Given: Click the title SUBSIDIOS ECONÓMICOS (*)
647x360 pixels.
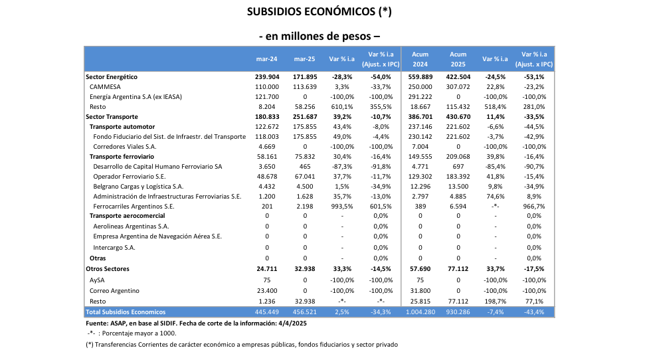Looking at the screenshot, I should (323, 12).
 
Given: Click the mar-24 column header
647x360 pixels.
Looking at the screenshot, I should (266, 58).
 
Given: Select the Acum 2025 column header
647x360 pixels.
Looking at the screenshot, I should (458, 58).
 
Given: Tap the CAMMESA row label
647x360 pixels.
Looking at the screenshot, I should (105, 86).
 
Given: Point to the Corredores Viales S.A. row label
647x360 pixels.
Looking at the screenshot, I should (125, 146).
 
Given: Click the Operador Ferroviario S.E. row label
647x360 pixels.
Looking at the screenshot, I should (129, 177).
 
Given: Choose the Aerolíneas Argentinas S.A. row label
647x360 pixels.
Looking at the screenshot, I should (131, 226).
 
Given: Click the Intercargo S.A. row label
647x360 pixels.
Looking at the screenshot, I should (114, 247).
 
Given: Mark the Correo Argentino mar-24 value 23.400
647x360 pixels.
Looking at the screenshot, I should (267, 291).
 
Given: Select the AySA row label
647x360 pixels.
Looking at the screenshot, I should (98, 280).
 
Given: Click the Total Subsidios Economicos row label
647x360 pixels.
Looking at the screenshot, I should (126, 312).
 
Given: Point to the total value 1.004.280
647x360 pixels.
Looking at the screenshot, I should (420, 312).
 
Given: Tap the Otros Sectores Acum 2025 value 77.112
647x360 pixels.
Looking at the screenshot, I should (458, 269).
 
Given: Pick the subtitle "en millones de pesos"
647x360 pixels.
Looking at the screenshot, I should (323, 36).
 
